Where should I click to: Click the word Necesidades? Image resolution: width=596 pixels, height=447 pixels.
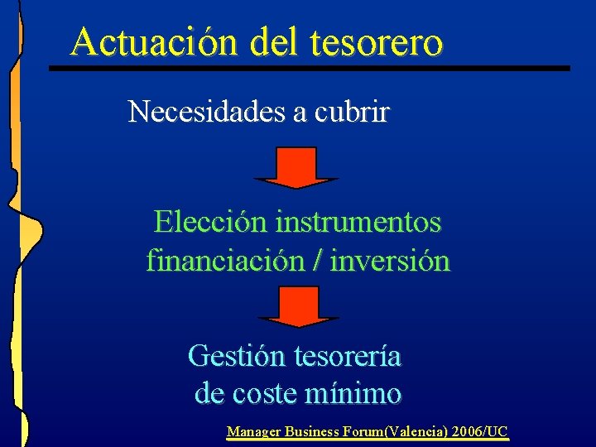click(x=206, y=112)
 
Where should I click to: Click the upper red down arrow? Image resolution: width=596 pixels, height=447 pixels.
click(x=296, y=167)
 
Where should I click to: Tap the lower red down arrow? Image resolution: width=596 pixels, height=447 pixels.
click(x=298, y=306)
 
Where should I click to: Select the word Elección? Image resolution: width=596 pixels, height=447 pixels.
click(x=209, y=222)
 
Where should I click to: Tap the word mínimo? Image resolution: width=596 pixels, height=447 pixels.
click(x=353, y=393)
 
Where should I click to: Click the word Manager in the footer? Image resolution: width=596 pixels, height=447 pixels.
click(x=254, y=431)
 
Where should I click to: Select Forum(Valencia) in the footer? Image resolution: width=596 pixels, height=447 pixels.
click(x=392, y=431)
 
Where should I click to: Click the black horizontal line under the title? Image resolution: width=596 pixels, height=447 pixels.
click(x=310, y=67)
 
